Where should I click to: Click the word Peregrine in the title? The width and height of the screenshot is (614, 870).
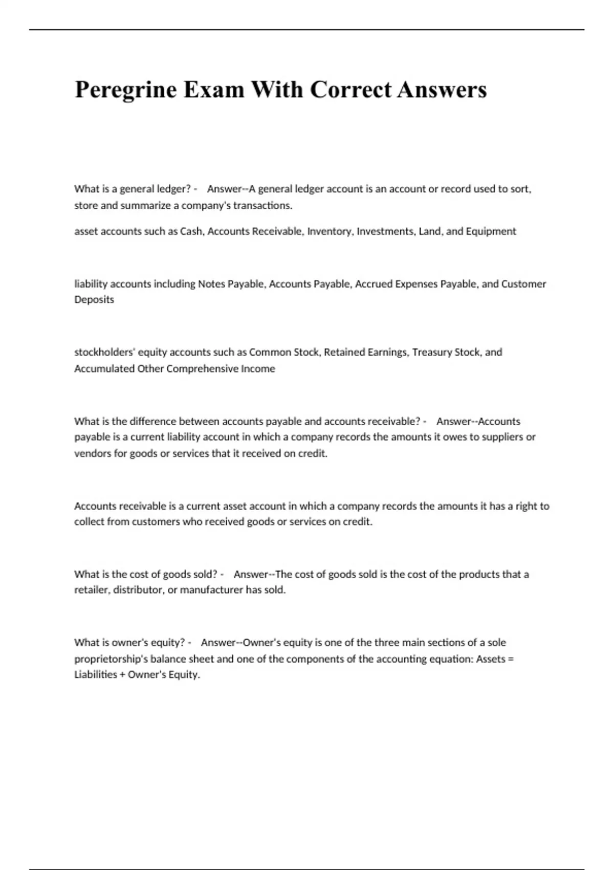click(126, 90)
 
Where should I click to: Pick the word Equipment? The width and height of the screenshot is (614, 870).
click(491, 231)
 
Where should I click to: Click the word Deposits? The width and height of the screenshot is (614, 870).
click(94, 299)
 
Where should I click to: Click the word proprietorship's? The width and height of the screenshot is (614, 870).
click(111, 659)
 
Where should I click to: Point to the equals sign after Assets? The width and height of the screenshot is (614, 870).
click(510, 659)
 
